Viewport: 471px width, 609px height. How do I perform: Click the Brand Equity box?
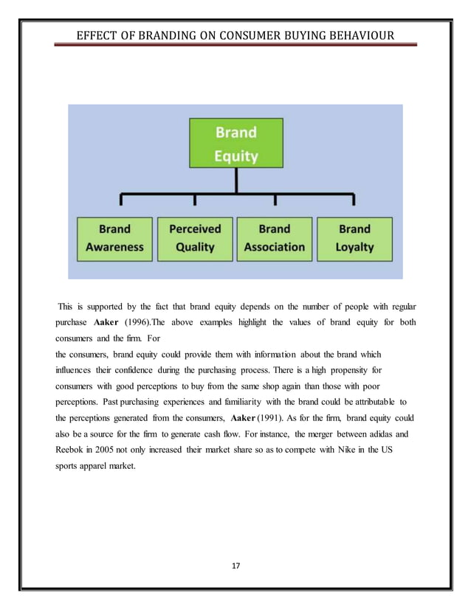coord(235,144)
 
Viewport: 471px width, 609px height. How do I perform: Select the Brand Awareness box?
coord(114,238)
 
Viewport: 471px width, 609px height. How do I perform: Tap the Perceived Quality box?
coord(195,238)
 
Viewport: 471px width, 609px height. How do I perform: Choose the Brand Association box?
coord(275,238)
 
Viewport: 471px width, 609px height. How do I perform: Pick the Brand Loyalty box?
coord(354,238)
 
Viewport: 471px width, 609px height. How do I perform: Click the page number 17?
coord(235,565)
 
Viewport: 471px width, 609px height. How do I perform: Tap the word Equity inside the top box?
coord(235,156)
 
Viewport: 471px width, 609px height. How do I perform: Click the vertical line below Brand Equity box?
coord(235,181)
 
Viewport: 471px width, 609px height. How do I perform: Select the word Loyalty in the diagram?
coord(354,247)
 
